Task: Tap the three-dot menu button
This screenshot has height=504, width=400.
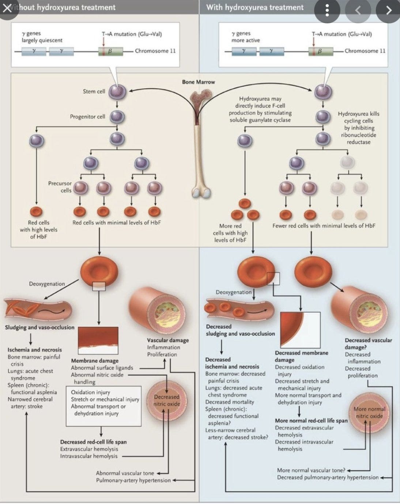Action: (327, 10)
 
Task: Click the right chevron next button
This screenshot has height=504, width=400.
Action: (388, 10)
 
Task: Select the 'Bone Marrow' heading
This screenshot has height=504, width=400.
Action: (198, 82)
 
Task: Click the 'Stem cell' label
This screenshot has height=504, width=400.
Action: (94, 91)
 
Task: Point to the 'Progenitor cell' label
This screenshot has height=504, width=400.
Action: (87, 117)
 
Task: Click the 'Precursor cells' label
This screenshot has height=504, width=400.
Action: (60, 187)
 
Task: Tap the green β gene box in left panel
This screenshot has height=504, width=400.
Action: (110, 51)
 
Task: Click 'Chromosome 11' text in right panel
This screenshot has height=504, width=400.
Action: (365, 51)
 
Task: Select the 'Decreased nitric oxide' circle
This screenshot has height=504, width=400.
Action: (167, 400)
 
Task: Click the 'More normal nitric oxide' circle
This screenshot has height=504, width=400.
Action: (369, 413)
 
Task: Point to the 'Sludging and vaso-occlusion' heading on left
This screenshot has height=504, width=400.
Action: (39, 327)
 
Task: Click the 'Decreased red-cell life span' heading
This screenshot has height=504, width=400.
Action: (93, 442)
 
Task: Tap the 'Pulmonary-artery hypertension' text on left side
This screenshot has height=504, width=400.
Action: (133, 480)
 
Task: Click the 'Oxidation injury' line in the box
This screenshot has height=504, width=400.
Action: (90, 392)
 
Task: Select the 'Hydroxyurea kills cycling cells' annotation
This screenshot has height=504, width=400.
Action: (358, 128)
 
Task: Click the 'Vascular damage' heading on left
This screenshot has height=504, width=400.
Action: (168, 340)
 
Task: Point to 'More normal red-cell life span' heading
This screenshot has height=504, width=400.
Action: (311, 421)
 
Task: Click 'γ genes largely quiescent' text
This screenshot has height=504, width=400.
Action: (42, 37)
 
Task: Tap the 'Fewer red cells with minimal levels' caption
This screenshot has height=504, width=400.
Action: (324, 226)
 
